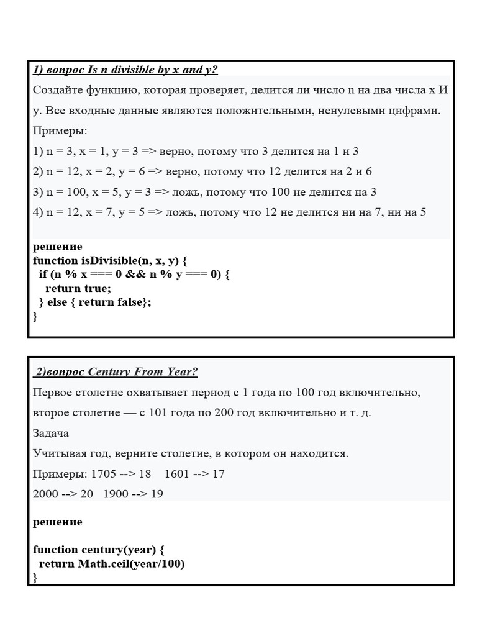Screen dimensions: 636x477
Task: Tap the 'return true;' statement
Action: (x=78, y=288)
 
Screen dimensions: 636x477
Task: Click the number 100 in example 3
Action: (x=67, y=192)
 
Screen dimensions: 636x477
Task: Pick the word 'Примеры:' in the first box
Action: (x=60, y=131)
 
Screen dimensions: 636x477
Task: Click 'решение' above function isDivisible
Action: (x=57, y=247)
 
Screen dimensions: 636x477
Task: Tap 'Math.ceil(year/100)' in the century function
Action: (x=132, y=564)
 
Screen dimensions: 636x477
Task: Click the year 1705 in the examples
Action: (x=104, y=474)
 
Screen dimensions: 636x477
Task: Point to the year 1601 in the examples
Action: (x=177, y=474)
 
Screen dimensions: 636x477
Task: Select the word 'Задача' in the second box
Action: (x=51, y=433)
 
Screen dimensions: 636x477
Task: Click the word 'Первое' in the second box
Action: (x=53, y=393)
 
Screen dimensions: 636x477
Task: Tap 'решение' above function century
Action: (x=57, y=522)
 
